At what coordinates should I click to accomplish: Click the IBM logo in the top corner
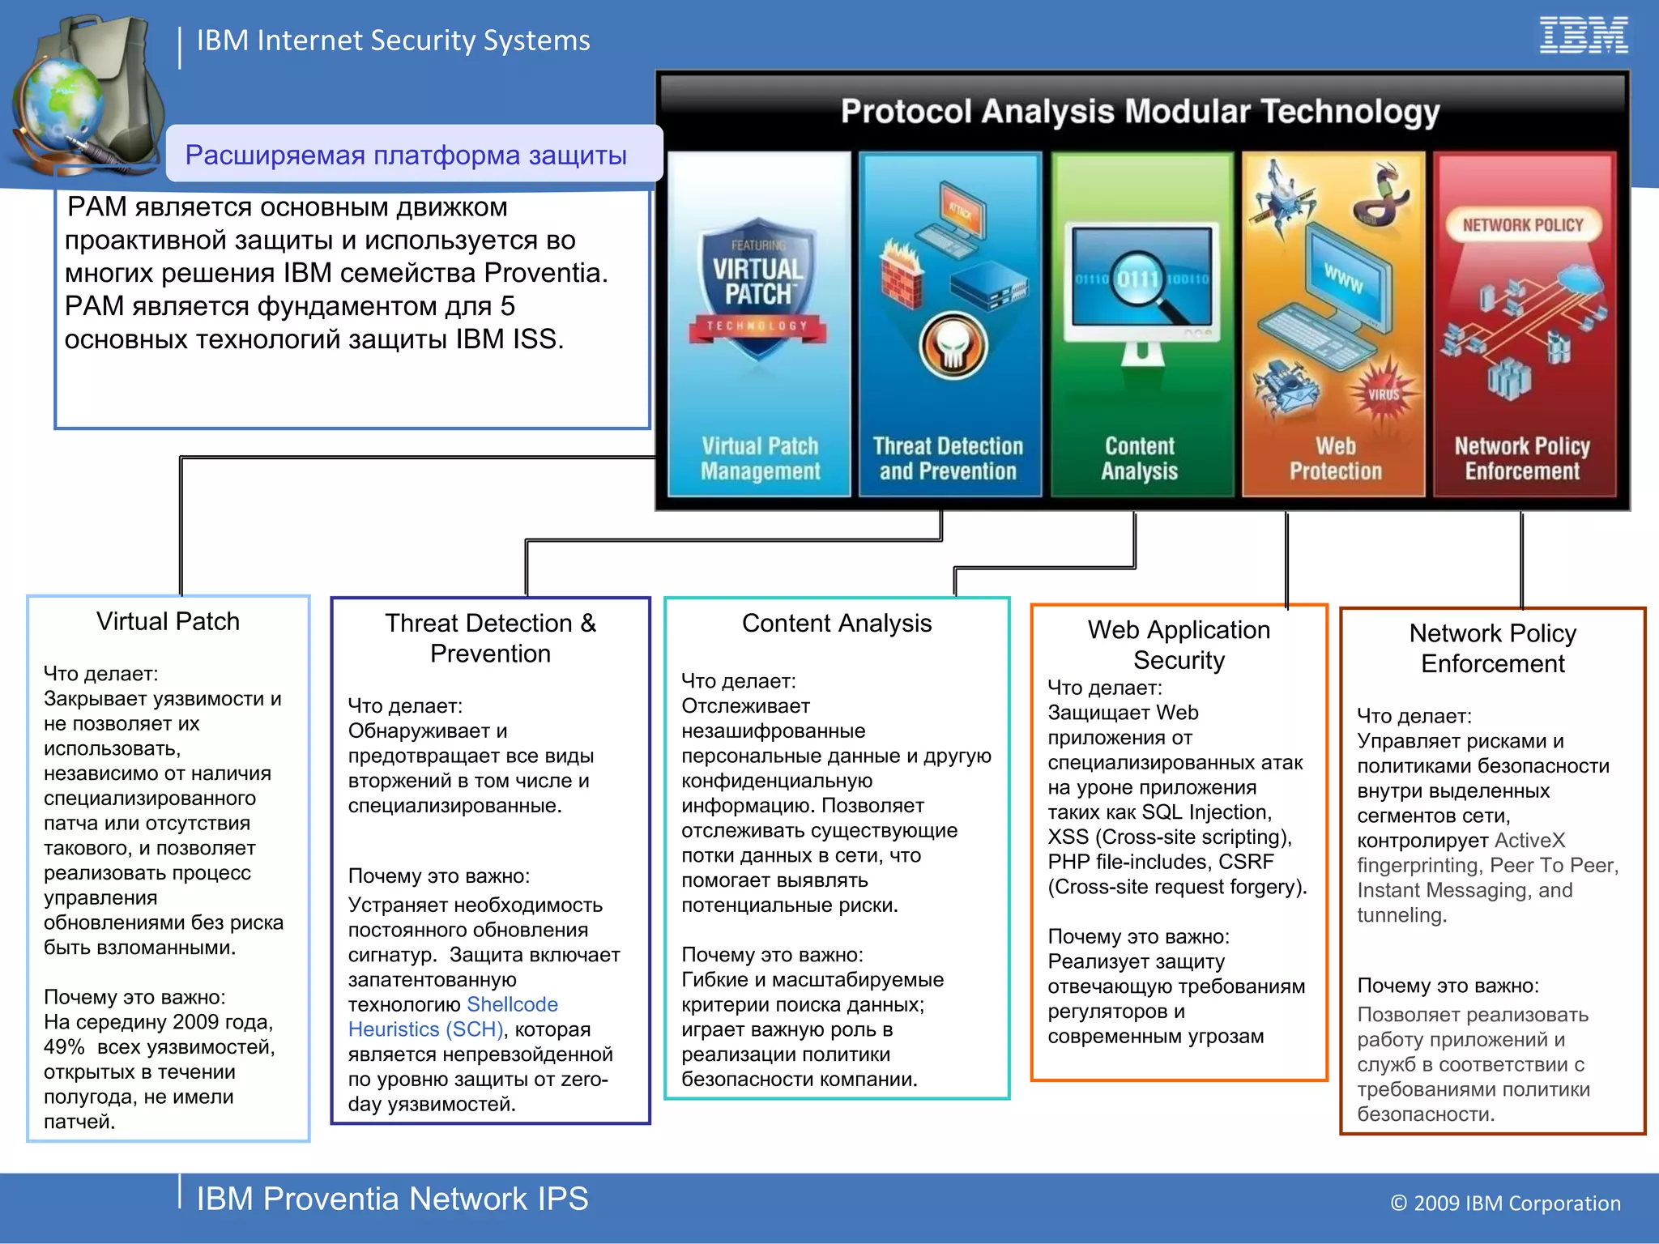pyautogui.click(x=1583, y=36)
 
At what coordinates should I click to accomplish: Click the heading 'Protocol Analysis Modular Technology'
pyautogui.click(x=1140, y=112)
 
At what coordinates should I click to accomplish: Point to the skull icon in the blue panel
pyautogui.click(x=953, y=345)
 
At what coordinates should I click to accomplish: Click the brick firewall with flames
pyautogui.click(x=902, y=272)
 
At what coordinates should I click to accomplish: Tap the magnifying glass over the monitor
pyautogui.click(x=1143, y=283)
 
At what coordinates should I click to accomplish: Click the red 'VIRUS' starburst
pyautogui.click(x=1383, y=394)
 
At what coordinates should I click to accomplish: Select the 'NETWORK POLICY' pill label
pyautogui.click(x=1522, y=225)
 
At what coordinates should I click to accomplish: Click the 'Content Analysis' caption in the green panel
pyautogui.click(x=1139, y=458)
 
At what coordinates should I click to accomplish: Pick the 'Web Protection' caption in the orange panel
pyautogui.click(x=1335, y=458)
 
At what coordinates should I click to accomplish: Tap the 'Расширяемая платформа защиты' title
pyautogui.click(x=406, y=155)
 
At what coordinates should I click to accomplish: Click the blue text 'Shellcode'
pyautogui.click(x=512, y=1004)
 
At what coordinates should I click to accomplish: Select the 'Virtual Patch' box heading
pyautogui.click(x=168, y=621)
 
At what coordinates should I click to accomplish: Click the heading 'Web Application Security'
pyautogui.click(x=1179, y=645)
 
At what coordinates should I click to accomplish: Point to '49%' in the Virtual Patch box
pyautogui.click(x=64, y=1047)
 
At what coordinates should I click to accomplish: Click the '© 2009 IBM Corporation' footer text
pyautogui.click(x=1505, y=1204)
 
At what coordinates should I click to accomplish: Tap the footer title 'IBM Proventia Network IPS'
pyautogui.click(x=392, y=1199)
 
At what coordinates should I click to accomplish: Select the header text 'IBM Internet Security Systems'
pyautogui.click(x=393, y=40)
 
